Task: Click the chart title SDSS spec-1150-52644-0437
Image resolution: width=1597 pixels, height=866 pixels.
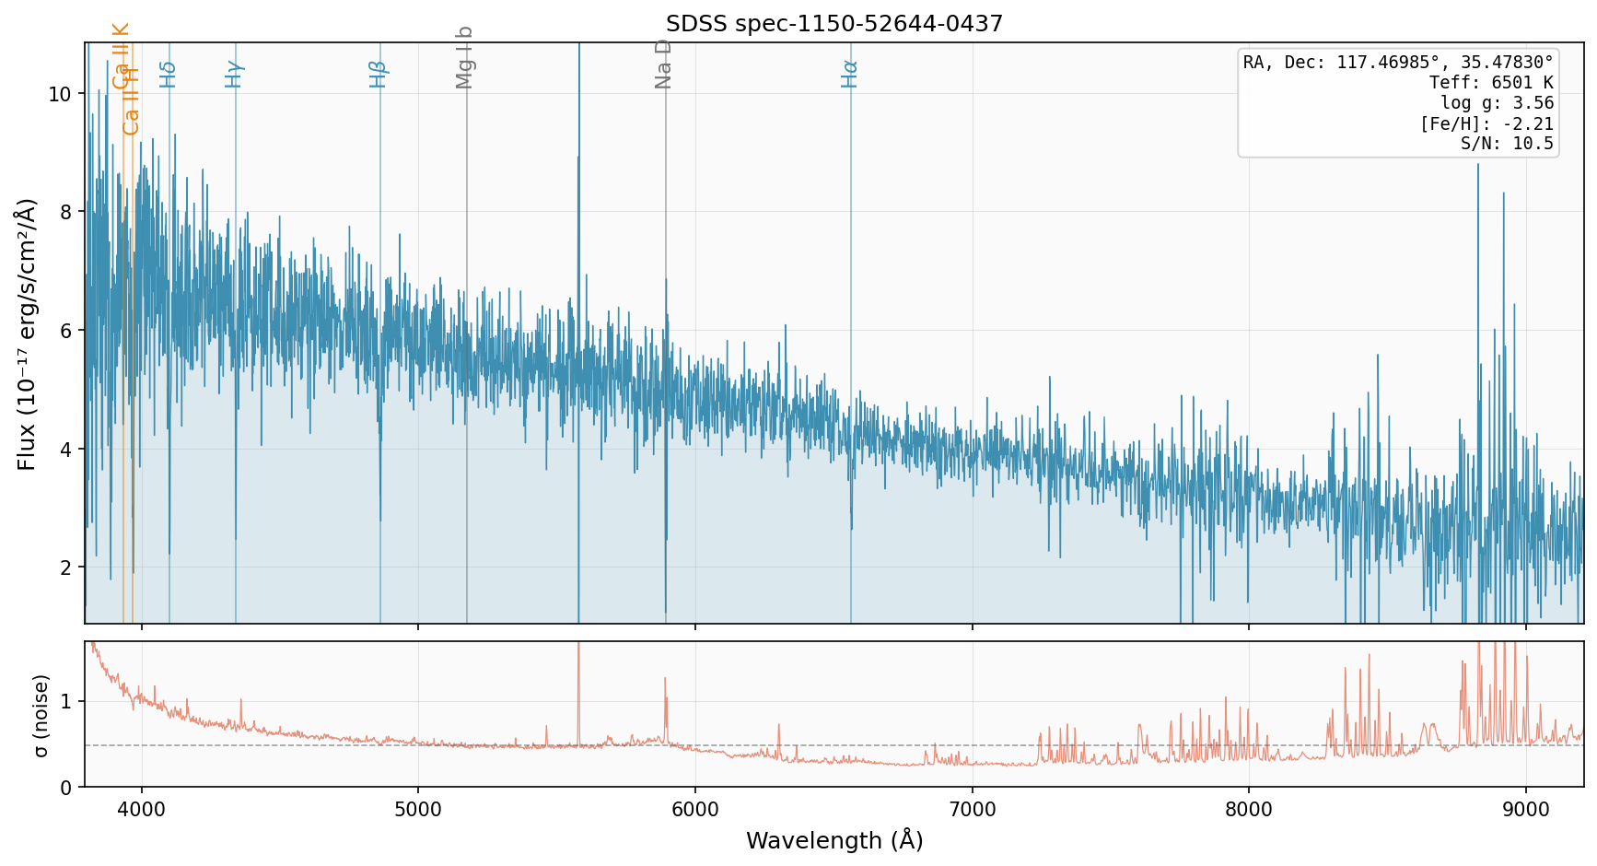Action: click(x=834, y=24)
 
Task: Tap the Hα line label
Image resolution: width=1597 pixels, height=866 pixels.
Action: click(x=849, y=74)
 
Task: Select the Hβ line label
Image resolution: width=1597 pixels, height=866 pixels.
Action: click(x=379, y=74)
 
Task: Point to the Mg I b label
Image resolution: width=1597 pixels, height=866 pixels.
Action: click(x=465, y=57)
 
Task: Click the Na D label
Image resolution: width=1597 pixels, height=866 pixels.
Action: click(x=664, y=64)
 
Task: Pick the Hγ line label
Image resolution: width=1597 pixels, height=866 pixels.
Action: click(x=234, y=74)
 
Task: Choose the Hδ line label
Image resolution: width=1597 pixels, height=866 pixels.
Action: click(x=168, y=74)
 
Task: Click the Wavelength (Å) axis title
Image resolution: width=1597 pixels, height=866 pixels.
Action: click(x=834, y=840)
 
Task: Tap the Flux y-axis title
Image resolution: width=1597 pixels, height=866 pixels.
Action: click(x=27, y=334)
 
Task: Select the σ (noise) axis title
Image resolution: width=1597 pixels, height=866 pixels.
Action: click(x=40, y=715)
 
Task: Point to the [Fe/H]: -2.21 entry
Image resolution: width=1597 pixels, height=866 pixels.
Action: click(x=1486, y=123)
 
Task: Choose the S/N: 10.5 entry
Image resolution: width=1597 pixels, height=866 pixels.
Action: click(x=1507, y=144)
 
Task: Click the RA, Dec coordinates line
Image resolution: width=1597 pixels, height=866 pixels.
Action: click(x=1398, y=63)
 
